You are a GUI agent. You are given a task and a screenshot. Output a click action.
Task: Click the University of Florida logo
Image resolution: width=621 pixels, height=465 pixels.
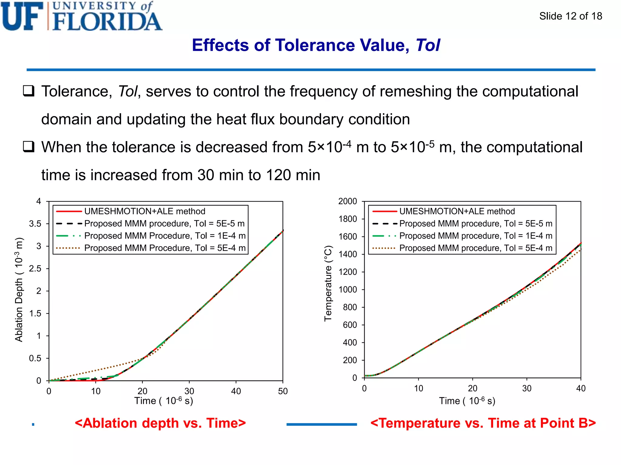click(81, 16)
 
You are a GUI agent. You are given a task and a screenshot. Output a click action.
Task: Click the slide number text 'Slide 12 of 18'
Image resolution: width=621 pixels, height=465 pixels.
click(570, 16)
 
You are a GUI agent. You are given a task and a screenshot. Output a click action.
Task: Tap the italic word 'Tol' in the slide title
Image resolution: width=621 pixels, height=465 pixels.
click(428, 45)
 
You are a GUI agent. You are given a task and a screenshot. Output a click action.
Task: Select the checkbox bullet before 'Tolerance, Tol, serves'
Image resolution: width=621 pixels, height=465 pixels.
click(29, 91)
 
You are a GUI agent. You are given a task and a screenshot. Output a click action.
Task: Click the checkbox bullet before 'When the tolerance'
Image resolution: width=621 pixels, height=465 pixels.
click(29, 147)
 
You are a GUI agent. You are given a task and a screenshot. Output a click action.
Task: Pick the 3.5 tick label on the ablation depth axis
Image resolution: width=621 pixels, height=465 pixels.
click(35, 224)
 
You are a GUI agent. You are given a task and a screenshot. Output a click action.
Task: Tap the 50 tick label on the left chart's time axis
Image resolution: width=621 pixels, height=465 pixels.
click(283, 391)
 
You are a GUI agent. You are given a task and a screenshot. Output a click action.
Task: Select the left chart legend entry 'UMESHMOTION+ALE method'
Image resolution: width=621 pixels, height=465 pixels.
click(145, 211)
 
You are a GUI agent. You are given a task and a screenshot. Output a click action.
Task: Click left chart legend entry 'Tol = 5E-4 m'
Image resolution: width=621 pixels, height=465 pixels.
click(165, 248)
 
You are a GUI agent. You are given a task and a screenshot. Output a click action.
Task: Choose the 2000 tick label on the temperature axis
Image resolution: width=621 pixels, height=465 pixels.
click(347, 201)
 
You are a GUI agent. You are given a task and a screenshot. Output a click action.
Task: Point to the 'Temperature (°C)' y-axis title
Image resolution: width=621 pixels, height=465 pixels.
click(328, 283)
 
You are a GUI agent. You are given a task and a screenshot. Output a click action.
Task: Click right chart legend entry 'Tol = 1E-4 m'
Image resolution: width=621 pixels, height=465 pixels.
click(475, 236)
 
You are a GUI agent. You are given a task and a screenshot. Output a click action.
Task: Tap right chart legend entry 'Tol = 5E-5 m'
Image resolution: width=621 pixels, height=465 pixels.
click(475, 223)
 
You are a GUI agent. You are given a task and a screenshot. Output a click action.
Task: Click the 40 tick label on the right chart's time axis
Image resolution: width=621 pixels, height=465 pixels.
click(581, 388)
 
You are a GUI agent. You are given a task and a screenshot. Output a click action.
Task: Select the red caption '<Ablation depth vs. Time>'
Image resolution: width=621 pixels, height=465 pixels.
click(160, 423)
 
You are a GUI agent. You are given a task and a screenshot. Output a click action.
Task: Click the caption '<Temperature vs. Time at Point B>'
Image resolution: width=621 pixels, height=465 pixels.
click(483, 423)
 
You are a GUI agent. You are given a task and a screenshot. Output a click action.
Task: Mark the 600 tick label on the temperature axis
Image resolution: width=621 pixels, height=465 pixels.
click(350, 325)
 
